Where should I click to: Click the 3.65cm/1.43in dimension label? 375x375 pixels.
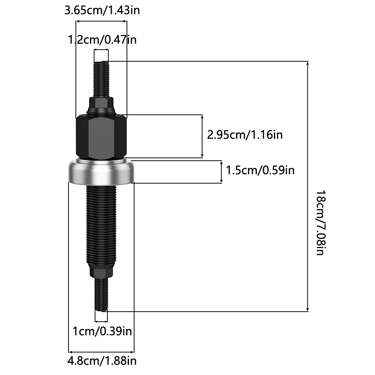pos(102,10)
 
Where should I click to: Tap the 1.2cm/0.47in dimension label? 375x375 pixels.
pos(102,39)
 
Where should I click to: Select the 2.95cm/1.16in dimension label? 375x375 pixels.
pos(245,135)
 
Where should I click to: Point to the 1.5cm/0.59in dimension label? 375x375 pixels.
pos(260,170)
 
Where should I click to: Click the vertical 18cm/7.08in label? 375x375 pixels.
pos(321,223)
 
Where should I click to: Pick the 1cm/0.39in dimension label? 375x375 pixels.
pos(102,331)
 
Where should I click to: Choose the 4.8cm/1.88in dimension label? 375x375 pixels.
pos(102,360)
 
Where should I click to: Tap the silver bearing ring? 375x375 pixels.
pos(101,172)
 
